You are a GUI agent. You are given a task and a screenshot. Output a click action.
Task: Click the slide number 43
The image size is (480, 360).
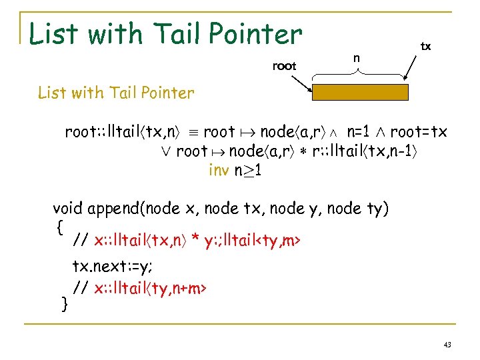447,345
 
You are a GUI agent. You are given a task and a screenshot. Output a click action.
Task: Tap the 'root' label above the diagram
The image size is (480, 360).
284,65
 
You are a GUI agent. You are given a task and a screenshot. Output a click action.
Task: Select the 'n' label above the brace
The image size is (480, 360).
357,58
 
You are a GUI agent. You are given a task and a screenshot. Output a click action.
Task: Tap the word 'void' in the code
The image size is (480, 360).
68,208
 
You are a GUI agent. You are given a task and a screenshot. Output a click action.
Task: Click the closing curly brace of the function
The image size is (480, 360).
65,304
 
